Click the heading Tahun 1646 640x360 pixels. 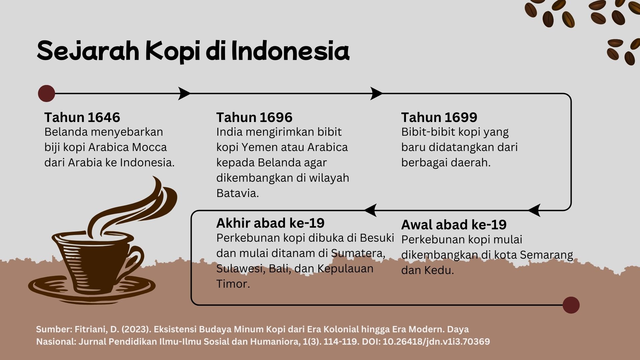82,117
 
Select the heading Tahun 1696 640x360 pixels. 254,117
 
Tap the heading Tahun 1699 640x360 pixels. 439,117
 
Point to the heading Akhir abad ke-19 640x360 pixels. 270,223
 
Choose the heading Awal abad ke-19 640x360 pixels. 454,225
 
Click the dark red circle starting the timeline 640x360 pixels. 47,93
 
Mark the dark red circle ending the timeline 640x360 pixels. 571,305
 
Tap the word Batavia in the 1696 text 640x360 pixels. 237,193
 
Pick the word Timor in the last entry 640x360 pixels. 233,284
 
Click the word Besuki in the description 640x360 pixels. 377,238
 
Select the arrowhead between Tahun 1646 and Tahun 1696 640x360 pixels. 184,93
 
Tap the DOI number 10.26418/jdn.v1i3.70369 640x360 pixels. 436,342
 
